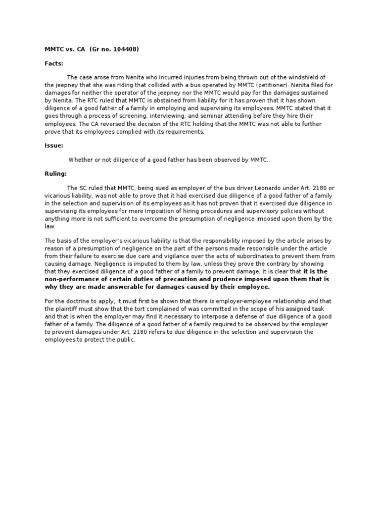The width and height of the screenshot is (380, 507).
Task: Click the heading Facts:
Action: (54, 63)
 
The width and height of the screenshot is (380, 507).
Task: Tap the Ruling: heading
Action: (55, 174)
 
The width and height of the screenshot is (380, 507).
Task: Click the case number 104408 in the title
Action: (124, 49)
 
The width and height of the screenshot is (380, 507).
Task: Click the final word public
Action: (125, 340)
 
